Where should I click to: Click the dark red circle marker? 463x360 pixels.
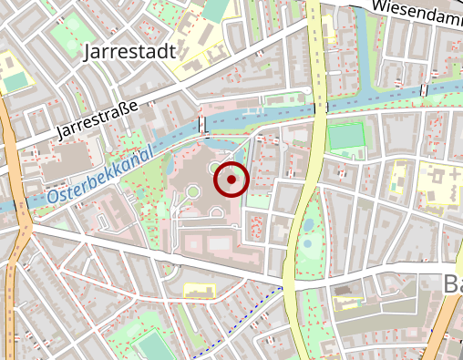pyautogui.click(x=231, y=180)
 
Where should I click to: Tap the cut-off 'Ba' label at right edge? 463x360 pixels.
pyautogui.click(x=453, y=284)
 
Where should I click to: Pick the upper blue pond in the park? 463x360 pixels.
pyautogui.click(x=310, y=222)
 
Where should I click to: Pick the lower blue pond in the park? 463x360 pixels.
pyautogui.click(x=307, y=243)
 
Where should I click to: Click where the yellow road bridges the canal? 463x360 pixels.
pyautogui.click(x=320, y=108)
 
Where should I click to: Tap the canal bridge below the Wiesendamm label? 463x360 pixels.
pyautogui.click(x=424, y=89)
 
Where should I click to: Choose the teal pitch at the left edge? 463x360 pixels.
pyautogui.click(x=15, y=81)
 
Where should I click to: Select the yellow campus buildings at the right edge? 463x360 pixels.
pyautogui.click(x=441, y=182)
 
